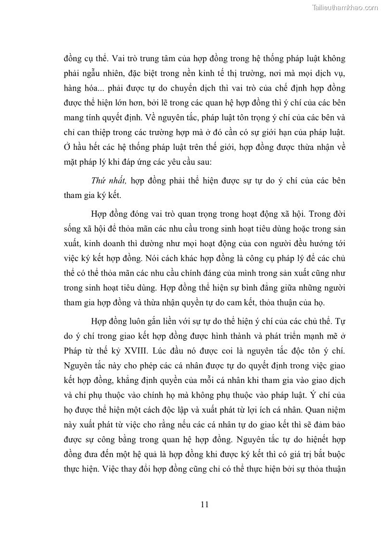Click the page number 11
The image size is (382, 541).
pyautogui.click(x=204, y=504)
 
